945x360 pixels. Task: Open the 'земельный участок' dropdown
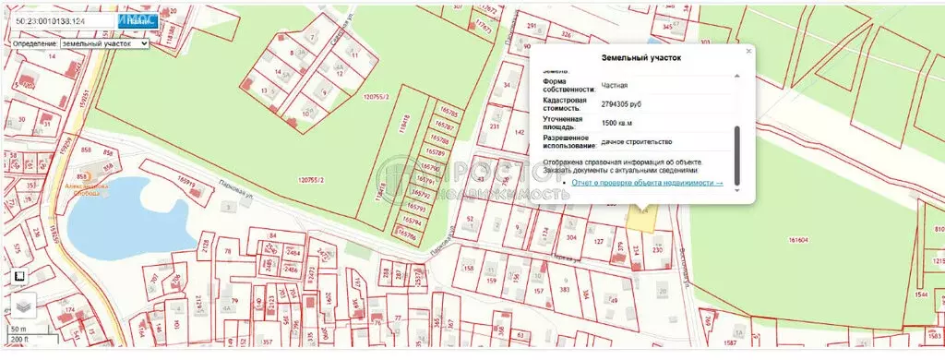click(104, 43)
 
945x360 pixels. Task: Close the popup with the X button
click(748, 52)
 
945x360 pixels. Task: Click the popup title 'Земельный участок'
click(640, 57)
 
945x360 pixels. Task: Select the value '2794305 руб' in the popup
click(621, 103)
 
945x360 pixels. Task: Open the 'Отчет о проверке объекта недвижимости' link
click(646, 183)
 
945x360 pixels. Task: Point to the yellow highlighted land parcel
click(639, 217)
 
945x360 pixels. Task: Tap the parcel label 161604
click(798, 240)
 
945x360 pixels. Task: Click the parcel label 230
click(657, 250)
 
